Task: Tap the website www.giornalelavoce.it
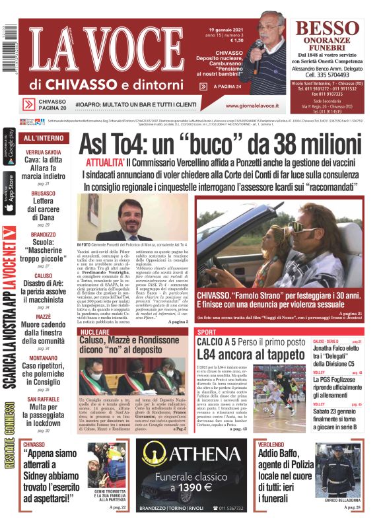pyautogui.click(x=252, y=105)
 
